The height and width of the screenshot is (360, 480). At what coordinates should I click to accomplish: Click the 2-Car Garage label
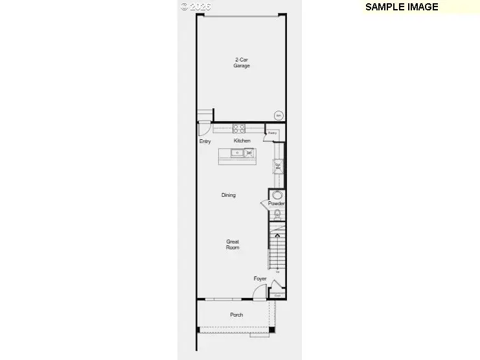coord(242,63)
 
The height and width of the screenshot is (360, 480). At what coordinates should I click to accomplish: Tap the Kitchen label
coord(242,141)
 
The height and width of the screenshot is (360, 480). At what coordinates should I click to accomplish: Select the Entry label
coord(205,141)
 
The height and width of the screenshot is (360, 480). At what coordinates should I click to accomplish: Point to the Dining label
coord(228,195)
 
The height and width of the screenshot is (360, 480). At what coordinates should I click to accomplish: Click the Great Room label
coord(233,245)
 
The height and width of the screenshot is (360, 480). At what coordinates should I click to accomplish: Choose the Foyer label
coord(260,279)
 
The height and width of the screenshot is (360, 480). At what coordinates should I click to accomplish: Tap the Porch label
coord(236,315)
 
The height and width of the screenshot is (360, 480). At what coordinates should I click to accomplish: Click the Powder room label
coord(277,204)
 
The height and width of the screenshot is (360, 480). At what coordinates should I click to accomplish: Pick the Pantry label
coord(273,133)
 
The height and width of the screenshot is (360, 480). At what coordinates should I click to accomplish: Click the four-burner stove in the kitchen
coord(239,128)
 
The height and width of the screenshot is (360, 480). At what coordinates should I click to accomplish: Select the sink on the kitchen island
coord(237,153)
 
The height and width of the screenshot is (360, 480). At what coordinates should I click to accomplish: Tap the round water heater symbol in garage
coord(279,116)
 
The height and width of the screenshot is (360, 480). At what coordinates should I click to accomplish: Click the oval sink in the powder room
coord(277,195)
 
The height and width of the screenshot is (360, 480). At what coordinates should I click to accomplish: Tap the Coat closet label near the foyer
coord(277,295)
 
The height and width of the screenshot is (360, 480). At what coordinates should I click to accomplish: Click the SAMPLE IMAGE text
coord(402,7)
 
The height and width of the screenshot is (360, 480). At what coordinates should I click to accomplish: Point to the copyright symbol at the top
coord(185,6)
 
